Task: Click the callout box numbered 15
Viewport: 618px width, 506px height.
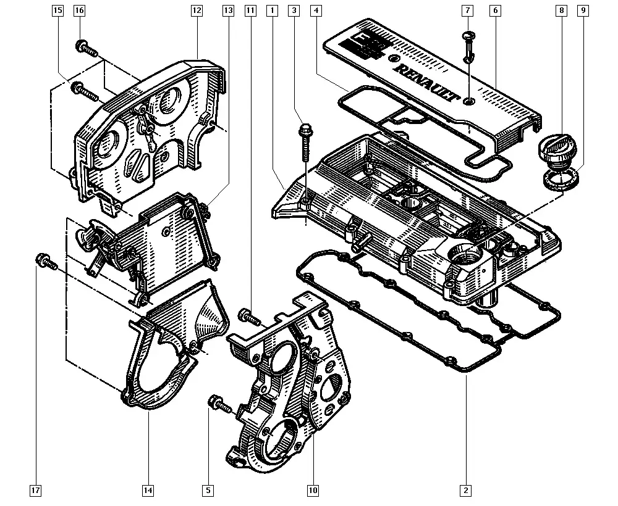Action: coord(57,10)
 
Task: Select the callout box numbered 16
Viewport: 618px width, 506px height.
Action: coord(79,10)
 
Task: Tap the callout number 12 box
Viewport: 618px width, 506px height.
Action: coord(197,10)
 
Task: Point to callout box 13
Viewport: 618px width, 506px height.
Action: coord(229,10)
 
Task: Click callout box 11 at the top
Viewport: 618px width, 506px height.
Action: coord(250,10)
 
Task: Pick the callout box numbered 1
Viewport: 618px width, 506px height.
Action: coord(271,10)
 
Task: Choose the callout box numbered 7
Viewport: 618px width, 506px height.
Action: coord(468,10)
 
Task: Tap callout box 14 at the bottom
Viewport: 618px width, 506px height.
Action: coord(148,491)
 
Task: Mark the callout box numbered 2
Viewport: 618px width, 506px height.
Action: coord(465,491)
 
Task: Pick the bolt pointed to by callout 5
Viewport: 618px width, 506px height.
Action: coord(220,404)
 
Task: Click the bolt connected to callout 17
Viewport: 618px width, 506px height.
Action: coord(46,262)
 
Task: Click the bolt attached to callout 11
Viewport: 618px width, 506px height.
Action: coord(248,317)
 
